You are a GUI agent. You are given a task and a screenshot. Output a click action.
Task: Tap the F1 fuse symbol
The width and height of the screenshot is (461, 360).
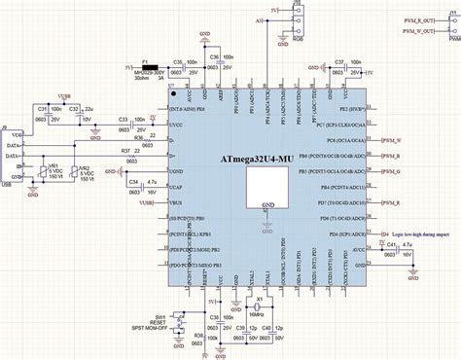click(150, 67)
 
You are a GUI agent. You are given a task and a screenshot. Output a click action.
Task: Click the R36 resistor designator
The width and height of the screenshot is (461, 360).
click(139, 137)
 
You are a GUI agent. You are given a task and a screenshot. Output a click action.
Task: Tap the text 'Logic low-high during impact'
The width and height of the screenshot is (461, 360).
click(419, 207)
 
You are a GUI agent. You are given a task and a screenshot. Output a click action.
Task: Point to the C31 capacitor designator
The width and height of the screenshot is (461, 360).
click(44, 109)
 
